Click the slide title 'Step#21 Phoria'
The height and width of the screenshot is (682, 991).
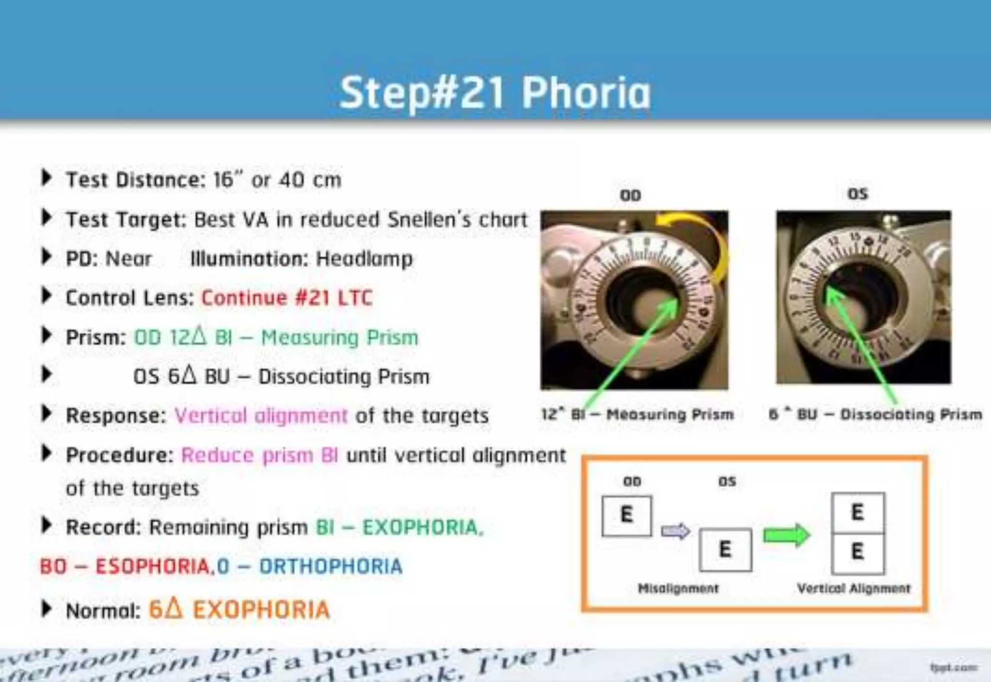(495, 92)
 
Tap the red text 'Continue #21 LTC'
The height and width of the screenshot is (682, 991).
(287, 298)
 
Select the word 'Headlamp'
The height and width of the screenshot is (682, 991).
(364, 258)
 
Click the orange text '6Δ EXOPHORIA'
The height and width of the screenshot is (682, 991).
(239, 609)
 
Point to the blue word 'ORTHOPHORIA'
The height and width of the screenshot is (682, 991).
(330, 566)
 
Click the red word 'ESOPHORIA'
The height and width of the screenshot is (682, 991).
(152, 566)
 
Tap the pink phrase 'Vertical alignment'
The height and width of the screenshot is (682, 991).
(261, 415)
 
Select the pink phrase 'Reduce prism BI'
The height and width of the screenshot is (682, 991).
(259, 455)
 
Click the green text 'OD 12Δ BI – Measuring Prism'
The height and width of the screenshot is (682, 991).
(276, 337)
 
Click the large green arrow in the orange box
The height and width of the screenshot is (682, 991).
(786, 535)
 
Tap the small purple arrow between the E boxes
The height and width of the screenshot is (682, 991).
(676, 531)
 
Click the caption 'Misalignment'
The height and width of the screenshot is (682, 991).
(678, 588)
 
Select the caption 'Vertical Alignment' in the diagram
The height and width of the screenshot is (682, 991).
(854, 588)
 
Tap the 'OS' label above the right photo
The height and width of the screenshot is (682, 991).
(858, 194)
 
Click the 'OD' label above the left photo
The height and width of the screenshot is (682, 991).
(631, 195)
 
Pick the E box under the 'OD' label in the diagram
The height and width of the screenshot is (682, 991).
(627, 515)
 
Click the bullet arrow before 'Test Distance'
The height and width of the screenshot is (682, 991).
(46, 178)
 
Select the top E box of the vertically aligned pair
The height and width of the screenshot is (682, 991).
(857, 513)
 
